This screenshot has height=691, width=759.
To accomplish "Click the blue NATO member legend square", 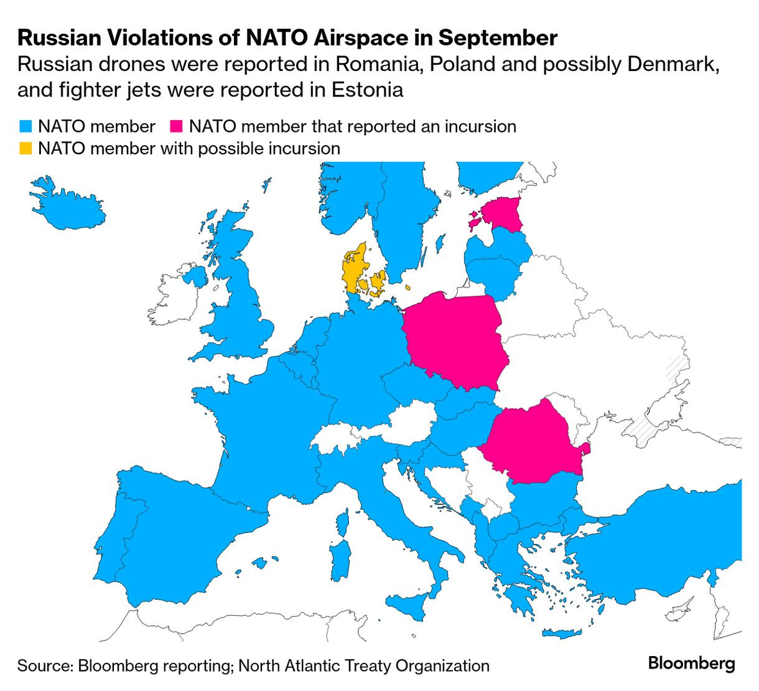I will click(25, 126).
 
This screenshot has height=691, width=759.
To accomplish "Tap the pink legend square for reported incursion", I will click(177, 126).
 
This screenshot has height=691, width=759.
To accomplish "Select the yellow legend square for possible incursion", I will click(25, 149).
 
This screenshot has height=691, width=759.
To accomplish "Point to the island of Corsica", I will click(342, 520).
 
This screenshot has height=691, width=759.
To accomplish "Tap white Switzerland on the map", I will click(336, 439).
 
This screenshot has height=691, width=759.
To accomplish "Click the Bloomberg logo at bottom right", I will click(691, 664).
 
